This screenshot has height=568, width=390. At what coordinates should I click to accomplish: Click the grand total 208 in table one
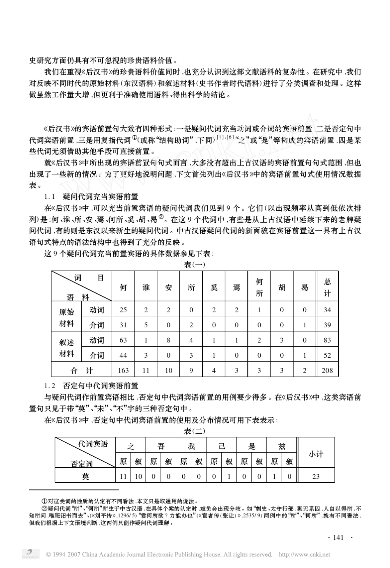[327, 370]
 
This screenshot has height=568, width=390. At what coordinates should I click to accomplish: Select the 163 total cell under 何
[123, 370]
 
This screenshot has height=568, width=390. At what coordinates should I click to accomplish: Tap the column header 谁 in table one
[146, 287]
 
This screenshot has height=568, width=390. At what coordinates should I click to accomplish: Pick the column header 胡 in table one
[282, 287]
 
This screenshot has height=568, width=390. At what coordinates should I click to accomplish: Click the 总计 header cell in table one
[327, 287]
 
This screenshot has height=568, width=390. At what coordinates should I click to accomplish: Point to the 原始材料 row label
[67, 317]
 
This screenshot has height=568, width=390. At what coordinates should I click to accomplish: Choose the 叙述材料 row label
[67, 348]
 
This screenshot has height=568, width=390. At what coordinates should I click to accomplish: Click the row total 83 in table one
[327, 340]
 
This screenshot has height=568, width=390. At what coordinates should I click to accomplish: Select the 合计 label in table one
[82, 370]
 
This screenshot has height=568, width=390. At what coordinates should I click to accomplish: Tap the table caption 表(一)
[195, 265]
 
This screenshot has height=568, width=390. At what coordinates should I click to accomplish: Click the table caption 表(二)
[195, 431]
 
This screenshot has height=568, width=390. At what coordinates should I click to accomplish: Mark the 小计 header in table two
[316, 454]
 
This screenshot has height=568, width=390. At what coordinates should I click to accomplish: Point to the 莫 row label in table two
[85, 476]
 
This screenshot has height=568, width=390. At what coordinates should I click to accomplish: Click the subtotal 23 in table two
[316, 476]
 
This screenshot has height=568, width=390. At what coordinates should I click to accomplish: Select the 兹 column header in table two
[282, 446]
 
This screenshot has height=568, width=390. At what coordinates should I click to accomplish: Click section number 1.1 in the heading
[50, 196]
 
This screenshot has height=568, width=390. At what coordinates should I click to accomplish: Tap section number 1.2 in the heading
[50, 386]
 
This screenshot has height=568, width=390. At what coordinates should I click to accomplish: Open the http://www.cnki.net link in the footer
[304, 554]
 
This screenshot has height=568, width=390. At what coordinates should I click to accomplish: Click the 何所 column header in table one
[259, 287]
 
